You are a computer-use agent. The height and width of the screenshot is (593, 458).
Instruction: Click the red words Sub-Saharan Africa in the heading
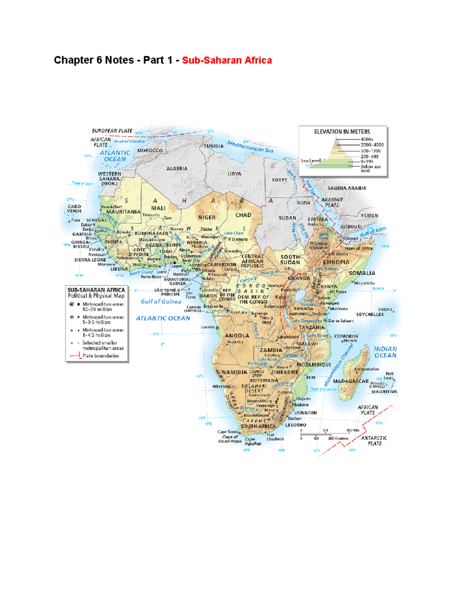pyautogui.click(x=227, y=60)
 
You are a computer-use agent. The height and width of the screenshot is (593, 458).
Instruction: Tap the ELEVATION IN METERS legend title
pyautogui.click(x=342, y=132)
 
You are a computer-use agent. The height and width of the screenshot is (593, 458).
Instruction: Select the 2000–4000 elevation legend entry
pyautogui.click(x=372, y=145)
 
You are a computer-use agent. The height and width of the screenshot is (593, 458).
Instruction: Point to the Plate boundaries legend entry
pyautogui.click(x=100, y=356)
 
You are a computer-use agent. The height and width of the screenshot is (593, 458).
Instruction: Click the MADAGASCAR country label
pyautogui.click(x=351, y=381)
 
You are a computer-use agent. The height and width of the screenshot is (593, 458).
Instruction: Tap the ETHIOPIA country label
pyautogui.click(x=336, y=262)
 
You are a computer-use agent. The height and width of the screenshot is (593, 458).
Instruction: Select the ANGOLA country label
pyautogui.click(x=237, y=336)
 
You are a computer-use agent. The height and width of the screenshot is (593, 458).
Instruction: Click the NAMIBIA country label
pyautogui.click(x=234, y=372)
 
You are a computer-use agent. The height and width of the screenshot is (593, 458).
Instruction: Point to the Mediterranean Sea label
pyautogui.click(x=250, y=147)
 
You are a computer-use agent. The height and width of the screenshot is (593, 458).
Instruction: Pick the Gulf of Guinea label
pyautogui.click(x=161, y=302)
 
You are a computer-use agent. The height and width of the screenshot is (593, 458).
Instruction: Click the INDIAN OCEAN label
pyautogui.click(x=385, y=352)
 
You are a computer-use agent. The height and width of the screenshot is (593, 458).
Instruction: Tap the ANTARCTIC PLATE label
pyautogui.click(x=374, y=441)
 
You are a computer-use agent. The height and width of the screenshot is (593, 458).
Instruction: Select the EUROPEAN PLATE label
pyautogui.click(x=112, y=131)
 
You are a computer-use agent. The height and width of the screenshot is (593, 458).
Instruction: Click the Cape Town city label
pyautogui.click(x=227, y=432)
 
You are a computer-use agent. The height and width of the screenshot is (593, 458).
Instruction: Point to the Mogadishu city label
pyautogui.click(x=364, y=283)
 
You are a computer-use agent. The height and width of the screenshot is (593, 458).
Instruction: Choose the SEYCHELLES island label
pyautogui.click(x=370, y=314)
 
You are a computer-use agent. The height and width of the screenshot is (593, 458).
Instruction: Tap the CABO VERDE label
pyautogui.click(x=74, y=208)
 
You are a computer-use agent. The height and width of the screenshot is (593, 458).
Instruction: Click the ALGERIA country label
pyautogui.click(x=177, y=168)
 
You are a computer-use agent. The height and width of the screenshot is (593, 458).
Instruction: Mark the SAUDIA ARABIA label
pyautogui.click(x=347, y=188)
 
